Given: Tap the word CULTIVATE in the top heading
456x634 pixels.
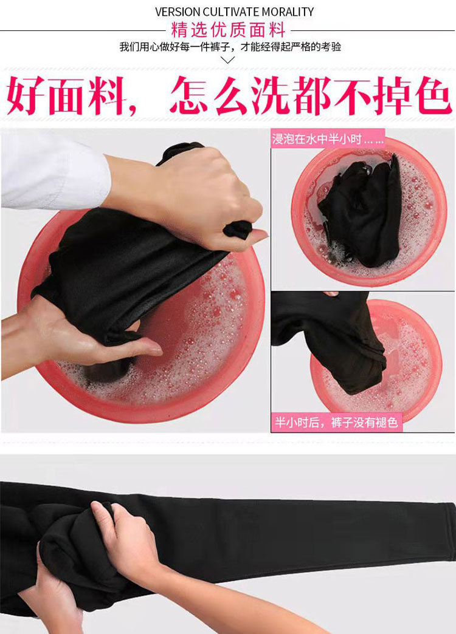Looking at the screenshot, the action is pos(229,12).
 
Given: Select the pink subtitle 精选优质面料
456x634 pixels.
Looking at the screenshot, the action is pos(228,30).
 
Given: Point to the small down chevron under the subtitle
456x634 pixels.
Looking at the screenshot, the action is pos(228,60).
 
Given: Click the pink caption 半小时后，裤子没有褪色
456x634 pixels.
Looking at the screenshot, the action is pos(336,423).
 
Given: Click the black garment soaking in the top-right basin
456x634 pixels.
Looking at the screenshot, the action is pos(361,210).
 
